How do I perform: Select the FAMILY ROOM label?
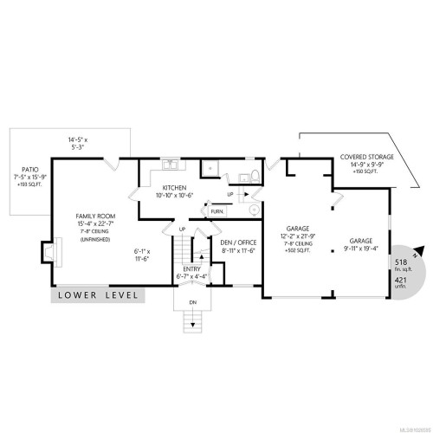[94, 217]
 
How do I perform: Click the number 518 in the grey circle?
[401, 262]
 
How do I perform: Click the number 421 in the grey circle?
[401, 281]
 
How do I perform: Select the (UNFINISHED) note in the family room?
[94, 241]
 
